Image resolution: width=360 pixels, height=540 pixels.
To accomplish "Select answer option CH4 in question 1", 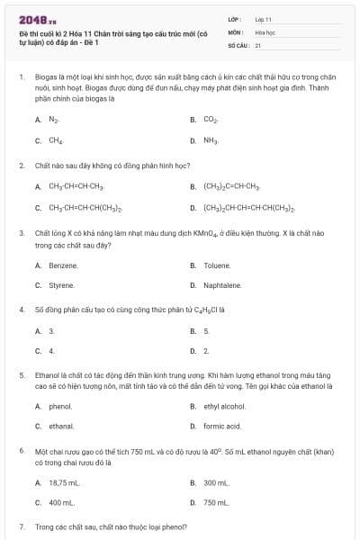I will (x=56, y=140).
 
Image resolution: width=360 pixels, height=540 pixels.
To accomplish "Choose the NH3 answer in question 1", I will (x=211, y=140).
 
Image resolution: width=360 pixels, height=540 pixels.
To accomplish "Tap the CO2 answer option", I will (x=211, y=119).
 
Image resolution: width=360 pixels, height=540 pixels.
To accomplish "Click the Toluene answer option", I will (x=217, y=265).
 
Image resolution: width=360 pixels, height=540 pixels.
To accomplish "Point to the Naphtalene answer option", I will (x=222, y=285).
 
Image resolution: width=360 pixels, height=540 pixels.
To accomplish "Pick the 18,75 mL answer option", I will (x=65, y=482).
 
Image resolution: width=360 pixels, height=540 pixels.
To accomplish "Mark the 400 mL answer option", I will (x=62, y=502).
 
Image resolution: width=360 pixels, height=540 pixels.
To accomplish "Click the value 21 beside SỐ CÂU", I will (x=258, y=44).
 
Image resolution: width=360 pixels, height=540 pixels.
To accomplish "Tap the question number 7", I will (x=21, y=525).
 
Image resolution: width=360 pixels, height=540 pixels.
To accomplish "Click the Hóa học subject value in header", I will (x=265, y=31).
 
